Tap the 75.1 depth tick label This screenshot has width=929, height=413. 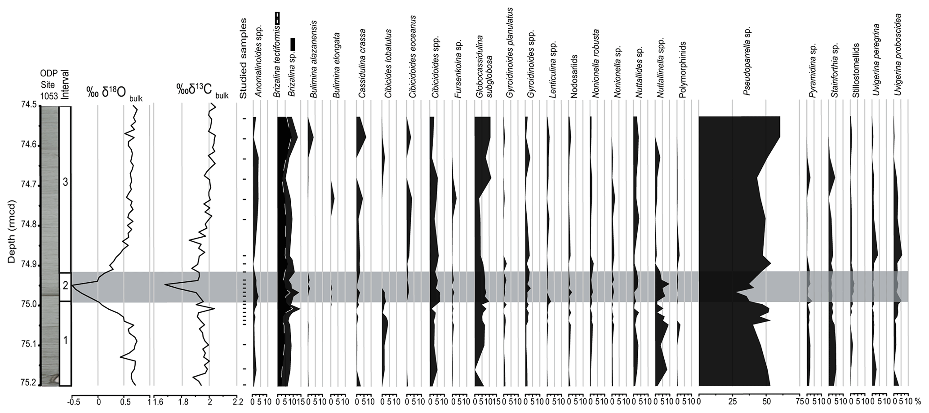click(x=28, y=346)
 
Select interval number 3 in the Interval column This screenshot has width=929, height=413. click(x=66, y=182)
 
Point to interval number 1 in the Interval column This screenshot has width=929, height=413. click(x=66, y=340)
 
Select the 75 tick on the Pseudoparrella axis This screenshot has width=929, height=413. click(x=800, y=401)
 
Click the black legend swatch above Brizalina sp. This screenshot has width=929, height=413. click(x=293, y=44)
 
